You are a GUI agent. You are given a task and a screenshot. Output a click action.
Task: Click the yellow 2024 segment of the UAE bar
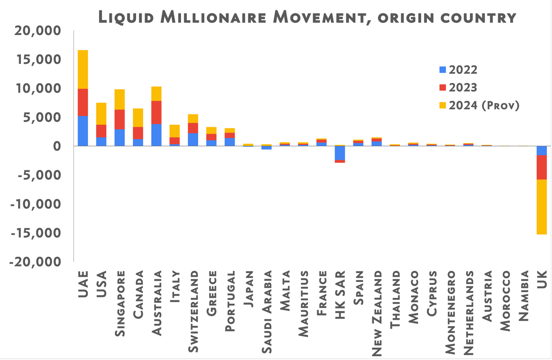(83, 69)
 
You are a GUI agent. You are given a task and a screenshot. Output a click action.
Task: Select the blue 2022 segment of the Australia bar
(156, 135)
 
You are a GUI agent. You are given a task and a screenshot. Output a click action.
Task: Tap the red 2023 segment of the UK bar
(541, 167)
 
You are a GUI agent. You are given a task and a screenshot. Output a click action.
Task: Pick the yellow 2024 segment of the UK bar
(541, 207)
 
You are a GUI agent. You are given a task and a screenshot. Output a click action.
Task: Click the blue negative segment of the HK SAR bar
(340, 153)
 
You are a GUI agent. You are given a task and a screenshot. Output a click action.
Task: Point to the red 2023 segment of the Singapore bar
(120, 119)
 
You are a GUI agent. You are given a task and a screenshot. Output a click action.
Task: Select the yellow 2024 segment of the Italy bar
(175, 131)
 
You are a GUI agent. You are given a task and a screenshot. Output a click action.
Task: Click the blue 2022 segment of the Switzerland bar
(193, 139)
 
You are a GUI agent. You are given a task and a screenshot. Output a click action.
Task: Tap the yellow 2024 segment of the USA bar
(101, 114)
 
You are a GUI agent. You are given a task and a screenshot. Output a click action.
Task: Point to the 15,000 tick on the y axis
(37, 60)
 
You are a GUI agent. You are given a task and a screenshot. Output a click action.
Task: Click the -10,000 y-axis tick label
(35, 204)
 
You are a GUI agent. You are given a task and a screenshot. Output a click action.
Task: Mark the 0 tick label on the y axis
(56, 146)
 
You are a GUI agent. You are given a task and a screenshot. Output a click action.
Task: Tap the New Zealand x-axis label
(377, 314)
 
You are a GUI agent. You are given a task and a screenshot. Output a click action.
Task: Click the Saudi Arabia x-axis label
(267, 312)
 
